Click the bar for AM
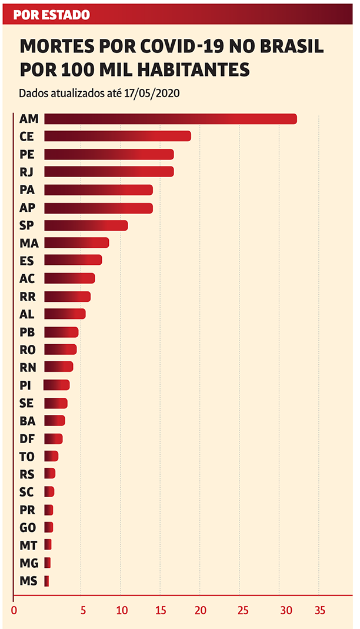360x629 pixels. pyautogui.click(x=170, y=119)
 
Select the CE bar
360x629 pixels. pyautogui.click(x=117, y=136)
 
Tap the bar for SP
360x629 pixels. pyautogui.click(x=85, y=225)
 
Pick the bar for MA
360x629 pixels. pyautogui.click(x=76, y=242)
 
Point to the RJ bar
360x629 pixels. pyautogui.click(x=108, y=172)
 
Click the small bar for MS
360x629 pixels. pyautogui.click(x=46, y=581)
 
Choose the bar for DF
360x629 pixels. pyautogui.click(x=53, y=438)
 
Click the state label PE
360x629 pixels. pyautogui.click(x=26, y=154)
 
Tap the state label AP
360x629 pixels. pyautogui.click(x=28, y=208)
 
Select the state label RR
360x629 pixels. pyautogui.click(x=27, y=297)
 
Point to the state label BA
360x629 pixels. pyautogui.click(x=27, y=421)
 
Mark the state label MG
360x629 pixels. pyautogui.click(x=28, y=563)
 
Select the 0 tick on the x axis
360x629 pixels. pyautogui.click(x=14, y=609)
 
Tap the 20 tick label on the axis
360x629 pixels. pyautogui.click(x=200, y=609)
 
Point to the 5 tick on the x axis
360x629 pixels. pyautogui.click(x=83, y=609)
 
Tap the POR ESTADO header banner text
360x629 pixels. pyautogui.click(x=52, y=15)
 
